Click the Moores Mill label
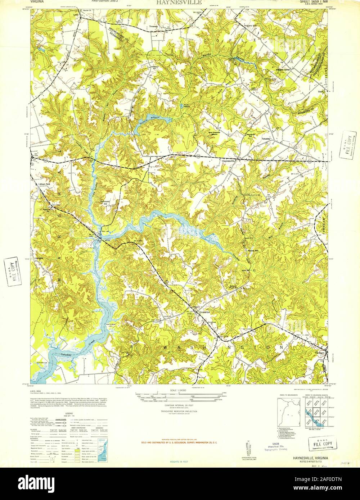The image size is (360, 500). coord(254,250)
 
